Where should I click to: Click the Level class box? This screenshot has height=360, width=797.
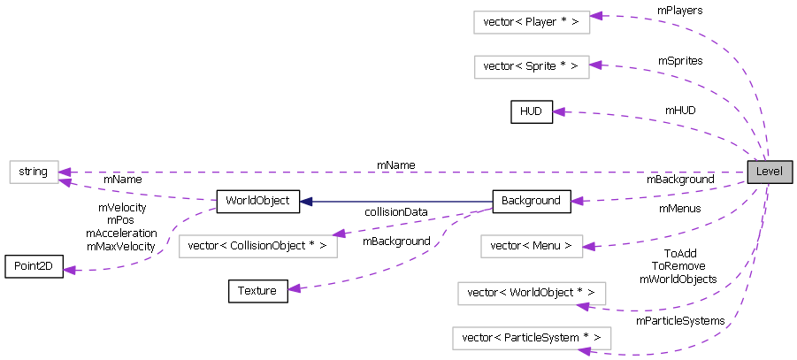click(x=769, y=172)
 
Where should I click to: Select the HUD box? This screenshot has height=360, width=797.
click(x=531, y=111)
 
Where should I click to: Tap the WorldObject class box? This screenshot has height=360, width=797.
click(x=258, y=201)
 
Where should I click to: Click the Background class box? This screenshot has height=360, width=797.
click(x=531, y=201)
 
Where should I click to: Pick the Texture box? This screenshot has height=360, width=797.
click(x=258, y=291)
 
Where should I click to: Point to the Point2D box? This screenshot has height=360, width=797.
click(x=34, y=266)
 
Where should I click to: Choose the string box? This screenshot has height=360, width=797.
click(x=34, y=172)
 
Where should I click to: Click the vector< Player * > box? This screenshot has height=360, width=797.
click(x=531, y=22)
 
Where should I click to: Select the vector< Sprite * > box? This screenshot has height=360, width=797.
click(x=531, y=66)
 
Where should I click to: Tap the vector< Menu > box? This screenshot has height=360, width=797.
click(x=531, y=246)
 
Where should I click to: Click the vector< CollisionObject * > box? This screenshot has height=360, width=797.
click(x=258, y=246)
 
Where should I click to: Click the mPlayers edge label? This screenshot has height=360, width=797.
click(x=679, y=10)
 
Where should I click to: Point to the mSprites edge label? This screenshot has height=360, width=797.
click(x=679, y=60)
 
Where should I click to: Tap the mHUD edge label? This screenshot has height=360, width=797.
click(x=680, y=111)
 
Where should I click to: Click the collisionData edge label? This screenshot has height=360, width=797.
click(x=395, y=211)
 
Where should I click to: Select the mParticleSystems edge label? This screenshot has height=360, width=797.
click(x=680, y=320)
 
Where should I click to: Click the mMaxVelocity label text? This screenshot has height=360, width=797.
click(x=121, y=245)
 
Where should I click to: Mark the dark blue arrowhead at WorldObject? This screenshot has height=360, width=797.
click(x=305, y=202)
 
